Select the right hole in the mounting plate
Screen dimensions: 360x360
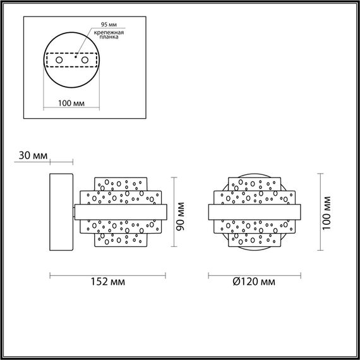[84, 59]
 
